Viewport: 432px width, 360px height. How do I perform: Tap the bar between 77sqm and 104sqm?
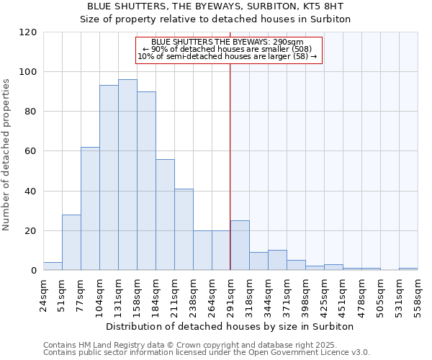pyautogui.click(x=90, y=209)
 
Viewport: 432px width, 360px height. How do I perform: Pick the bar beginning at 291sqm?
pyautogui.click(x=240, y=246)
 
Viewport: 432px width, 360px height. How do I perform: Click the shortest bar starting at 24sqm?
pyautogui.click(x=53, y=266)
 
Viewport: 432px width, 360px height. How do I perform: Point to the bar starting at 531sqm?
pyautogui.click(x=408, y=269)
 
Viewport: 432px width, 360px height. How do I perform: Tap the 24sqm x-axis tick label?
pyautogui.click(x=44, y=293)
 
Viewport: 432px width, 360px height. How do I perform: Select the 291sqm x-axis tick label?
pyautogui.click(x=231, y=293)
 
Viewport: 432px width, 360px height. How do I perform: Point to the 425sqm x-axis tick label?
pyautogui.click(x=325, y=293)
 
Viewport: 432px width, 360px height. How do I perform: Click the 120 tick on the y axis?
pyautogui.click(x=29, y=32)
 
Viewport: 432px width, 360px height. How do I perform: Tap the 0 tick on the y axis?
pyautogui.click(x=34, y=271)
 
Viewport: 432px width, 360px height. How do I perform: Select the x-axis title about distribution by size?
pyautogui.click(x=230, y=326)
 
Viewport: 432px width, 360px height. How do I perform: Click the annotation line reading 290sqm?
pyautogui.click(x=228, y=42)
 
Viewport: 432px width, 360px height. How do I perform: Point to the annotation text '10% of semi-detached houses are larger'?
pyautogui.click(x=227, y=55)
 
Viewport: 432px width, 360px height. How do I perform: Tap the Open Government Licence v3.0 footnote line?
pyautogui.click(x=207, y=352)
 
